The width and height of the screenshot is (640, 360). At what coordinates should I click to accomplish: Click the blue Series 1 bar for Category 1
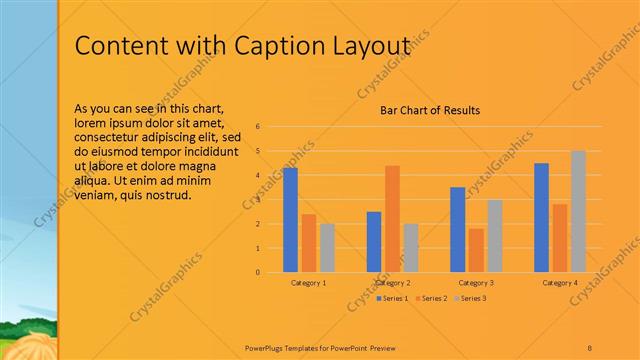tap(290, 220)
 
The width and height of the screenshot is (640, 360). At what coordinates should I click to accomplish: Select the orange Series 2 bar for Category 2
tap(392, 218)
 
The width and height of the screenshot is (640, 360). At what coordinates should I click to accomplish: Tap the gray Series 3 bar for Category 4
tap(578, 211)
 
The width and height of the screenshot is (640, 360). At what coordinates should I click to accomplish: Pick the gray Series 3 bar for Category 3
tap(494, 236)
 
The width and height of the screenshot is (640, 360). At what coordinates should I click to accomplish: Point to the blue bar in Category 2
tap(374, 241)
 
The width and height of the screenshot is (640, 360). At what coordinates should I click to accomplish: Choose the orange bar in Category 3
tap(476, 250)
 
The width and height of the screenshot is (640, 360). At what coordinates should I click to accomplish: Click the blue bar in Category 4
tap(541, 217)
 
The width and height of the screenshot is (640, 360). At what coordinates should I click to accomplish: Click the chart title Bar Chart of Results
tap(430, 110)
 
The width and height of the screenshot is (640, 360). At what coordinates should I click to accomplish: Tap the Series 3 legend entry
tap(470, 298)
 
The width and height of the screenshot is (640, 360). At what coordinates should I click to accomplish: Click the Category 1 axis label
tap(308, 283)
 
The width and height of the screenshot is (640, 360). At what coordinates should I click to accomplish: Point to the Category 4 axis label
tap(559, 283)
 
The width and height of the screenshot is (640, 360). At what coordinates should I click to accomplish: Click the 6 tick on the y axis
tap(258, 127)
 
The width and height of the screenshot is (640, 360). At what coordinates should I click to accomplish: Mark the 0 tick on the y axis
tap(258, 272)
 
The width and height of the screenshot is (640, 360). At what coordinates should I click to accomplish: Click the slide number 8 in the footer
tap(590, 347)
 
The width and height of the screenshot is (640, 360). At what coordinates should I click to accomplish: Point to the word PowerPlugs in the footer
tap(268, 347)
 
